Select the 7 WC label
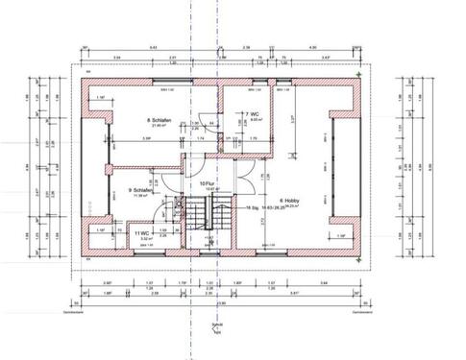click(252, 114)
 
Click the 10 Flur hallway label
click(205, 183)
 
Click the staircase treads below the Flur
click(206, 240)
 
